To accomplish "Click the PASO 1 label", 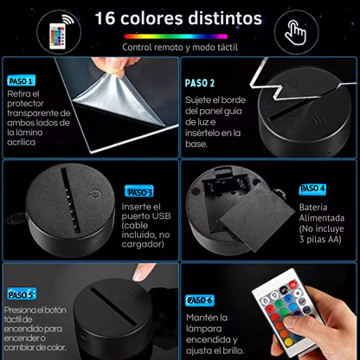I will [x=20, y=80].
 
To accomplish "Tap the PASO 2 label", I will [x=201, y=83].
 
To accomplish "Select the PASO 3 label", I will [x=138, y=192].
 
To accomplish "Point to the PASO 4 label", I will [x=312, y=189].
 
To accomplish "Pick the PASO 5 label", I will [x=20, y=294].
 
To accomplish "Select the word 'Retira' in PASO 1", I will [x=18, y=93].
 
